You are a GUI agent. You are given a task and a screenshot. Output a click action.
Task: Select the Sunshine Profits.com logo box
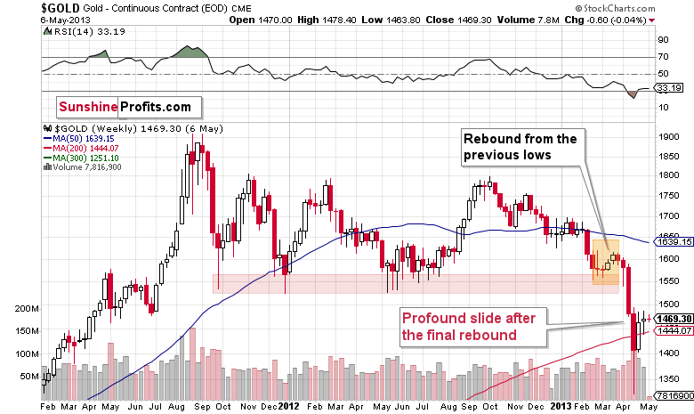(x=125, y=107)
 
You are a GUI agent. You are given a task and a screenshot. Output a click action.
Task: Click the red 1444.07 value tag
(x=673, y=330)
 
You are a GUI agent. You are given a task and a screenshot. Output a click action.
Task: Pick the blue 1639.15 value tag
(x=673, y=240)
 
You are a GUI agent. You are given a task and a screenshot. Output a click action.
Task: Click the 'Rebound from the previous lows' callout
(x=519, y=146)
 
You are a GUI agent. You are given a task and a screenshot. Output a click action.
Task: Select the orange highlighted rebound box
(x=605, y=261)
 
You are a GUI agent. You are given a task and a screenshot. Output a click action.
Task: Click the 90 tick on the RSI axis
(x=663, y=40)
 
